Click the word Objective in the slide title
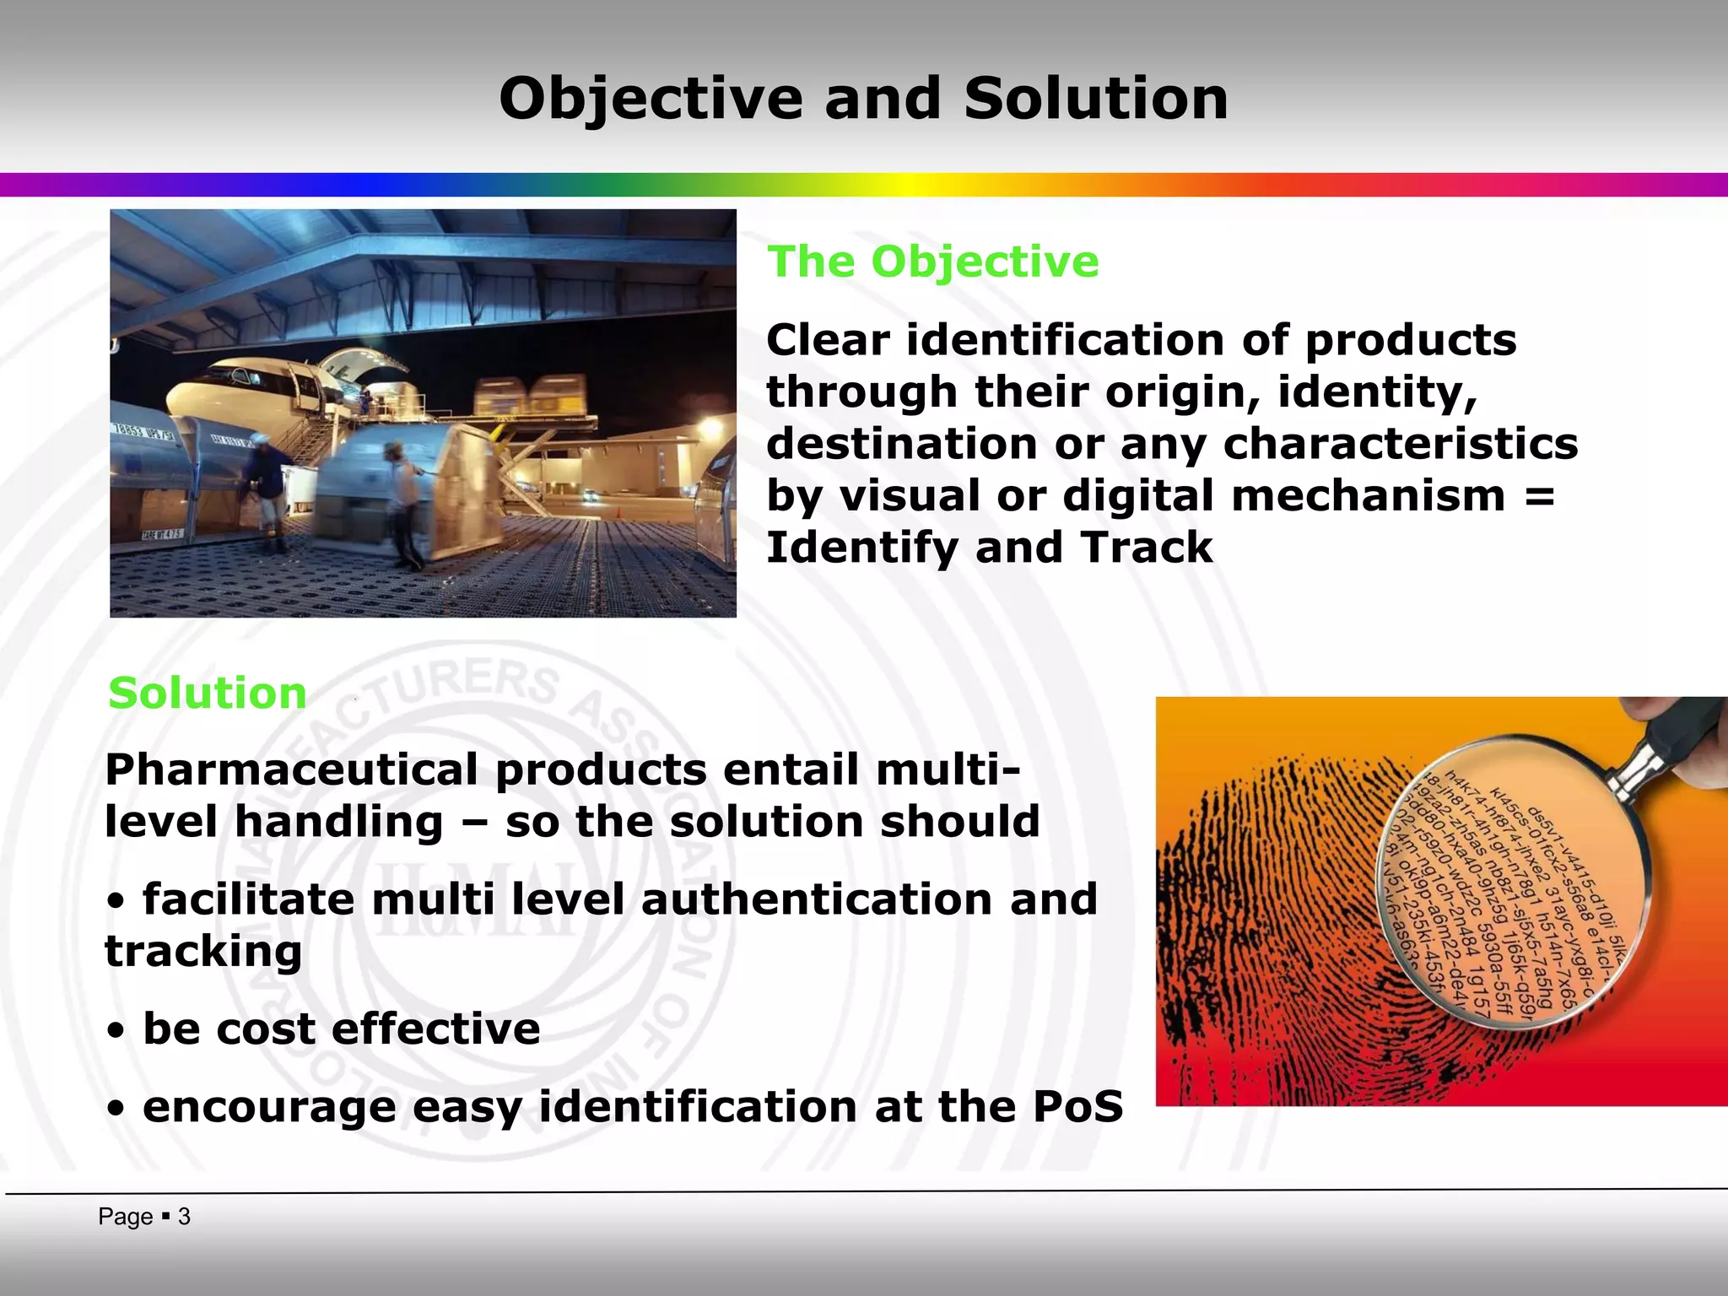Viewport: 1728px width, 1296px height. [x=650, y=100]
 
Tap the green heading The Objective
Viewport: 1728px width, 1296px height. [x=932, y=262]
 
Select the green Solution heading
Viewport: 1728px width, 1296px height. [x=208, y=694]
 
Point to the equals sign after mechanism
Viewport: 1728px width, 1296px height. [x=1540, y=496]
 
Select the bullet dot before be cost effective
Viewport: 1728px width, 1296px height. [x=117, y=1031]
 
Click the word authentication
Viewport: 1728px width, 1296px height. [x=817, y=899]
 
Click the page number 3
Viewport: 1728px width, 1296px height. [x=184, y=1217]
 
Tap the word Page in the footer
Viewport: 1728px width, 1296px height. [x=125, y=1217]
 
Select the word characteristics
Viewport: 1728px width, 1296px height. [x=1400, y=445]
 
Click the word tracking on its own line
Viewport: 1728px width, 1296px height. [x=203, y=952]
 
